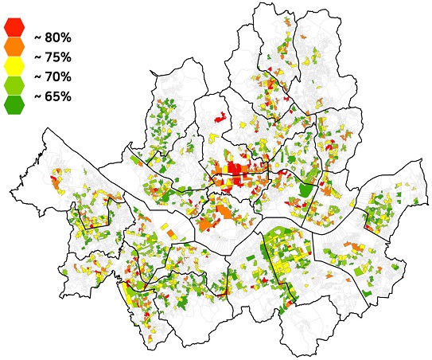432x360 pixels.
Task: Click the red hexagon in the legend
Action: [x=14, y=27]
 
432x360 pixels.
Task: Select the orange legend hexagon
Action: [x=14, y=47]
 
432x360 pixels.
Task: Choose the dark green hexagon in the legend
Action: [x=14, y=105]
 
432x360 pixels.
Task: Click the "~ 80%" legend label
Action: [x=53, y=37]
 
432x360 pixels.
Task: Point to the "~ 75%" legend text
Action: [x=53, y=57]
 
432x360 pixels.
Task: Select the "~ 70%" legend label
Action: [x=53, y=77]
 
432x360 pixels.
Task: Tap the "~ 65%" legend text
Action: [x=53, y=97]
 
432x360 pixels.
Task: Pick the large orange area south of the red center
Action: [x=225, y=213]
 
